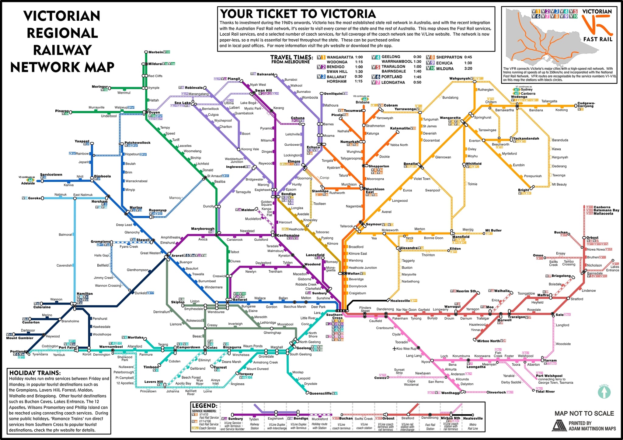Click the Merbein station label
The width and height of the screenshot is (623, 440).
click(x=155, y=52)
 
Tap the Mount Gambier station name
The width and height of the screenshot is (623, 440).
click(x=20, y=338)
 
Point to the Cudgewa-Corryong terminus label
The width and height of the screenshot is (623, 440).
click(x=586, y=105)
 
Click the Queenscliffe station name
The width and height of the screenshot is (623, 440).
click(x=320, y=393)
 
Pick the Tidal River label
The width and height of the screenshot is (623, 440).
click(x=545, y=392)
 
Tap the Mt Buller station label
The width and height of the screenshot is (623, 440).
click(x=493, y=230)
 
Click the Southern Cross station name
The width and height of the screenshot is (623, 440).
click(x=334, y=316)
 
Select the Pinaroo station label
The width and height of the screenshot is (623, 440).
click(x=62, y=111)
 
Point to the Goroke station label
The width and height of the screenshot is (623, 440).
click(x=34, y=198)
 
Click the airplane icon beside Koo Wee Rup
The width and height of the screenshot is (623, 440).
click(x=395, y=349)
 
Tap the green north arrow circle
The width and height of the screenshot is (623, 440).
click(x=604, y=392)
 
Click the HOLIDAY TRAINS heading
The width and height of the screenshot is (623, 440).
click(x=35, y=373)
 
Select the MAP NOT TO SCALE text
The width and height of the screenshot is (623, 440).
click(x=584, y=413)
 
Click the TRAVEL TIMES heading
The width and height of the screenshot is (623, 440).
click(x=291, y=57)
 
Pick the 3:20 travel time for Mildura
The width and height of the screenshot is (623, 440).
click(x=468, y=69)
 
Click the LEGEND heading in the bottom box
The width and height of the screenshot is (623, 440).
click(x=204, y=406)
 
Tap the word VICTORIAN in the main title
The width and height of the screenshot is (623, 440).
click(x=62, y=16)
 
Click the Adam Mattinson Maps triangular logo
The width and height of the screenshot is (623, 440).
click(x=559, y=426)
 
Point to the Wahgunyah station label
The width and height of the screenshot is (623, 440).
click(x=459, y=79)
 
